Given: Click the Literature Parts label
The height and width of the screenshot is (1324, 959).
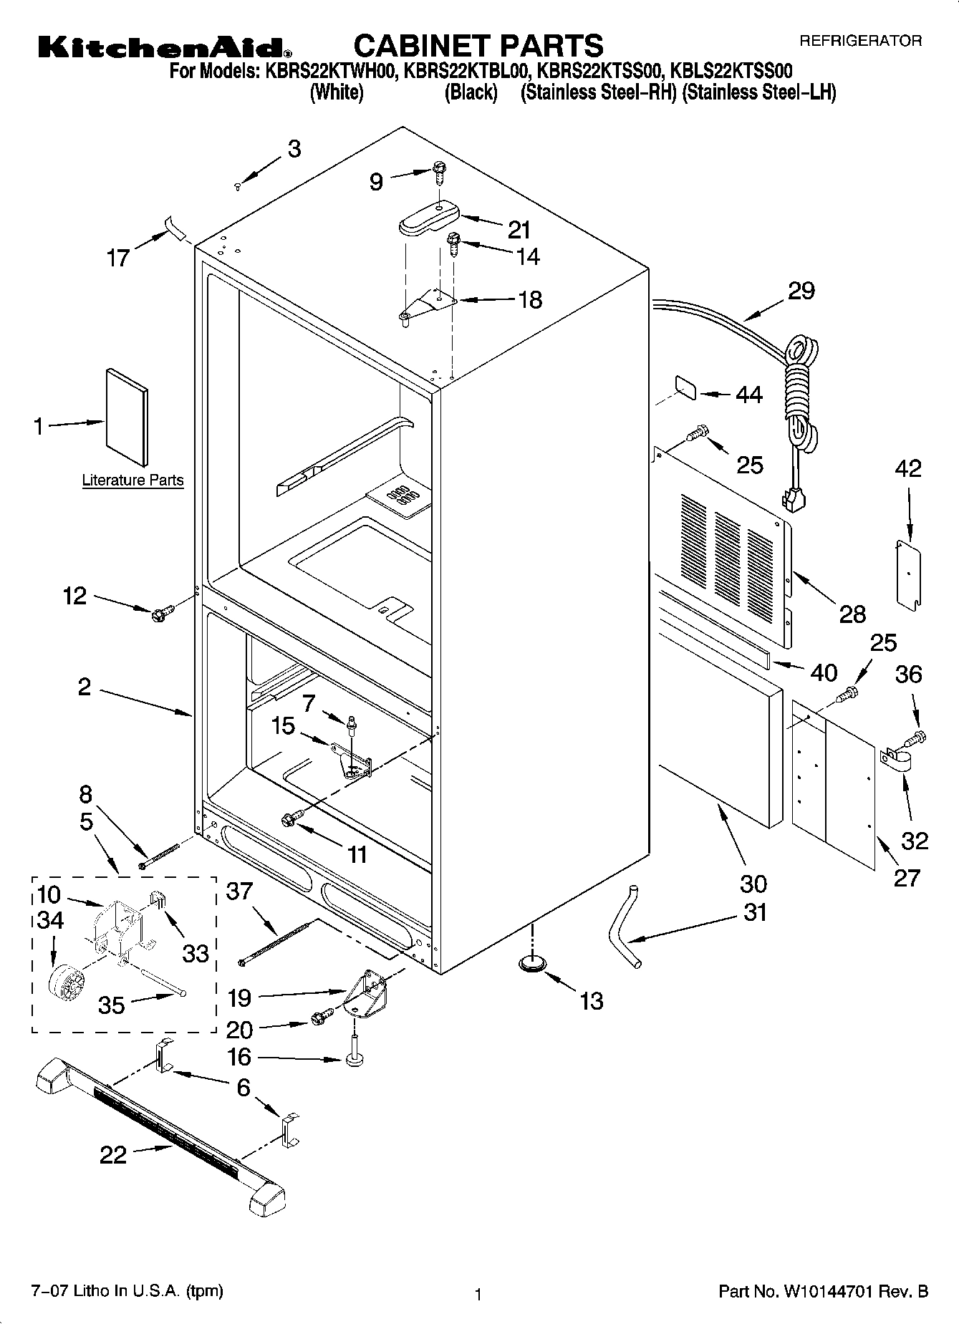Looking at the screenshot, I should (x=132, y=480).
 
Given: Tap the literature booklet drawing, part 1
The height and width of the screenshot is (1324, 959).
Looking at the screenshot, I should (x=127, y=418).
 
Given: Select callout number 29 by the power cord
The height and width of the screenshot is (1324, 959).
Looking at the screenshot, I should (x=801, y=291).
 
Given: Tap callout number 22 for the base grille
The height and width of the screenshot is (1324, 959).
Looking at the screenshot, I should (x=113, y=1154).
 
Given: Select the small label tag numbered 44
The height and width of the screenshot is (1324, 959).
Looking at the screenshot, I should (x=687, y=389).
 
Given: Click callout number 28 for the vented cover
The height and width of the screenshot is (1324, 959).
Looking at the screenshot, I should (x=852, y=614).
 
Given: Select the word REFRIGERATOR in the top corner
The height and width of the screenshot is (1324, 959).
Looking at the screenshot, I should (x=860, y=42).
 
